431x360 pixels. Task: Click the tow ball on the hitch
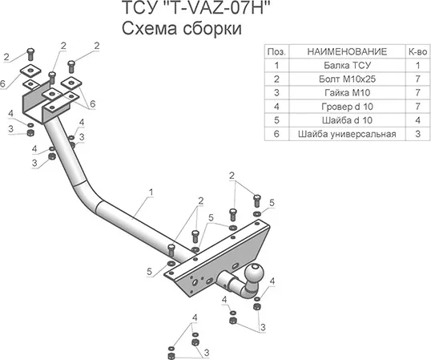tap(254, 273)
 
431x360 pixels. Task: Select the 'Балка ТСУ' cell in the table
tap(348, 66)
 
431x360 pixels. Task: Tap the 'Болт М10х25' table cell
tap(348, 79)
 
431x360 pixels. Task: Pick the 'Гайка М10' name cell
tap(348, 93)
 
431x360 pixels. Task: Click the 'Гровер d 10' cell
tap(348, 107)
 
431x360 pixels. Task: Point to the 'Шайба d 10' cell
tap(348, 120)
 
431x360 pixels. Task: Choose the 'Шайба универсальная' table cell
tap(348, 134)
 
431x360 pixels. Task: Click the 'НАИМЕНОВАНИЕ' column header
tap(348, 51)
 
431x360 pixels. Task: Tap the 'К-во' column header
tap(418, 51)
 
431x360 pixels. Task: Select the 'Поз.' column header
tap(277, 51)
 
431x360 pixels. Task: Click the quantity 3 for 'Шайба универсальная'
tap(418, 134)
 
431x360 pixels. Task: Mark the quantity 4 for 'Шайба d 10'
tap(418, 120)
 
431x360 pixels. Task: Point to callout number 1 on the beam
tap(151, 192)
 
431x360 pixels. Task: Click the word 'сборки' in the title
tap(211, 29)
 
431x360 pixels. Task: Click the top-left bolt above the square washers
tap(30, 55)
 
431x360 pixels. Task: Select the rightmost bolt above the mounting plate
tap(257, 200)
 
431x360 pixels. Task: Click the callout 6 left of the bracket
tap(2, 83)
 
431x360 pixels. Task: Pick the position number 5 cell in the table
tap(277, 120)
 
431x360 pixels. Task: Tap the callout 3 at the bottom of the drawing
tap(207, 352)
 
